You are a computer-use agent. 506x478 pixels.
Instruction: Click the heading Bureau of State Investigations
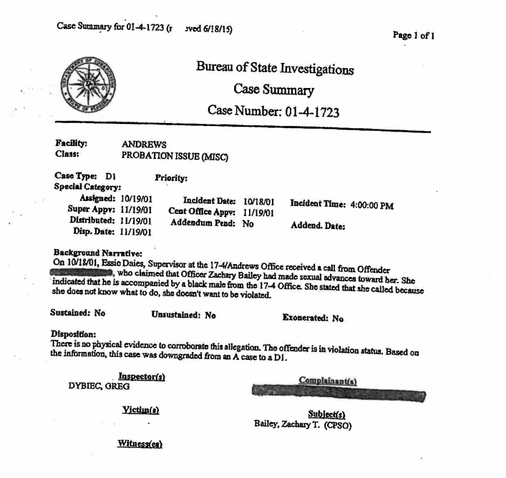pyautogui.click(x=275, y=69)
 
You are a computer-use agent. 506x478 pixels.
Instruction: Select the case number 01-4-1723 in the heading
pyautogui.click(x=306, y=112)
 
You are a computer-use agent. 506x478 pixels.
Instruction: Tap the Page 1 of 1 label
pyautogui.click(x=414, y=34)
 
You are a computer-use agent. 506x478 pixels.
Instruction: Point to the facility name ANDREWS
pyautogui.click(x=144, y=145)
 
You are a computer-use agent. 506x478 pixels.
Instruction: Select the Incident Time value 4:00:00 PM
pyautogui.click(x=372, y=205)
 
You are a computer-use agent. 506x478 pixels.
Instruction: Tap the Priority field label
pyautogui.click(x=171, y=177)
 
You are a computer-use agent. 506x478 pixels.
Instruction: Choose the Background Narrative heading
pyautogui.click(x=97, y=253)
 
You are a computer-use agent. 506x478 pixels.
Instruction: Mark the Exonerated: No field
pyautogui.click(x=313, y=318)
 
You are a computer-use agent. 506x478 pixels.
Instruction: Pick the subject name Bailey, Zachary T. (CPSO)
pyautogui.click(x=302, y=424)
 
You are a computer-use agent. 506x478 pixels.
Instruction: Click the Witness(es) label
pyautogui.click(x=140, y=444)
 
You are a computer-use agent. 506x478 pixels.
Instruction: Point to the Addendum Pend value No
pyautogui.click(x=248, y=223)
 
